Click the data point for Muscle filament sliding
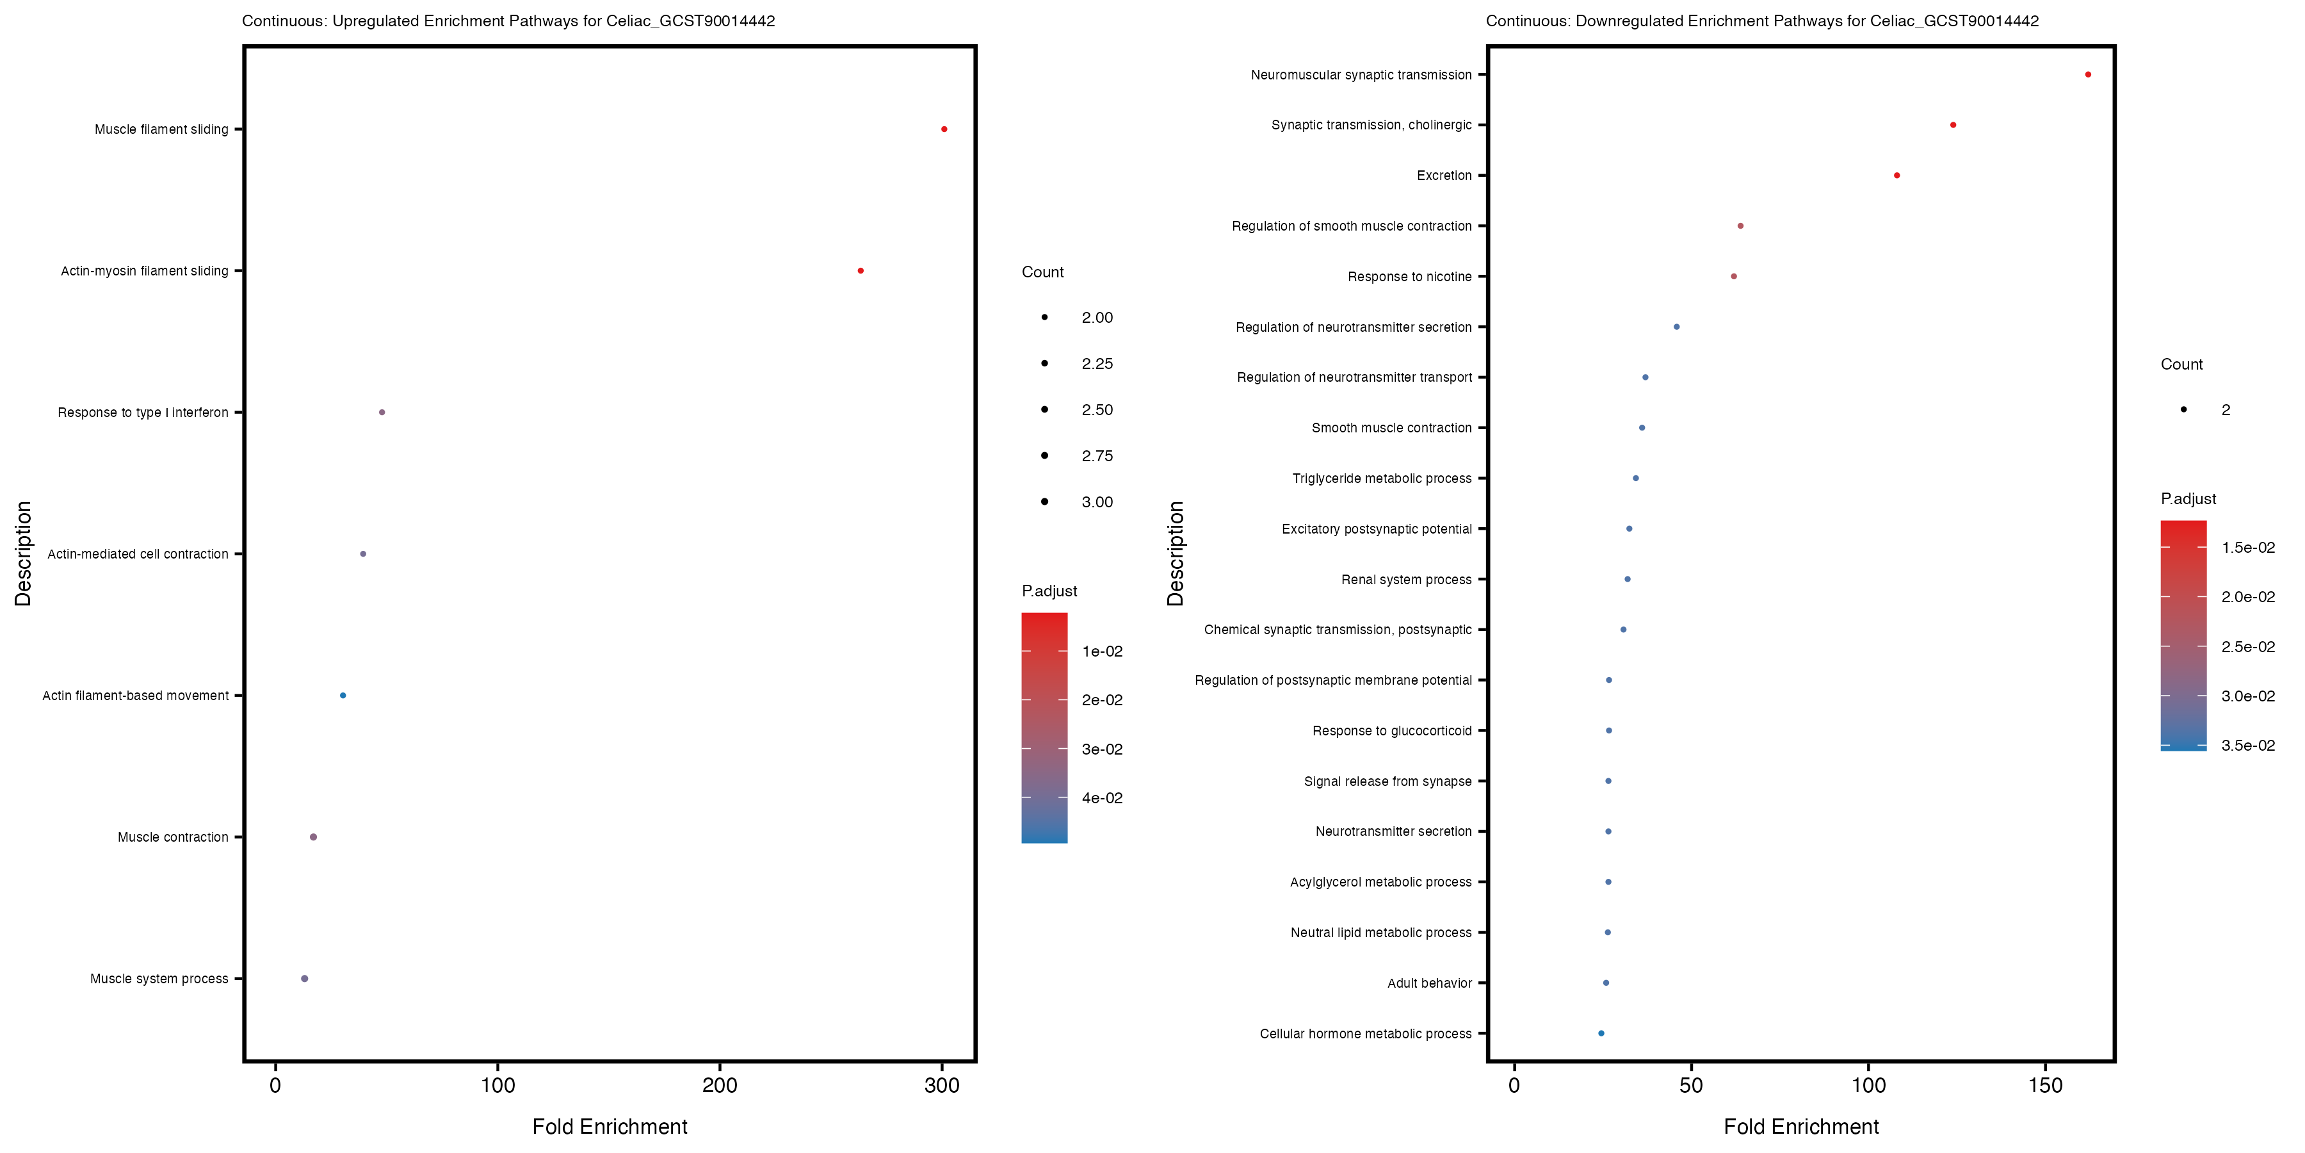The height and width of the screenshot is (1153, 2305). [x=944, y=129]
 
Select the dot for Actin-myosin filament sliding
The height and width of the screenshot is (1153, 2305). [x=860, y=270]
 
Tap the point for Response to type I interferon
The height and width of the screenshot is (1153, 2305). [x=382, y=412]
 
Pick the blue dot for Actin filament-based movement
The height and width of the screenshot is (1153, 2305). [x=343, y=696]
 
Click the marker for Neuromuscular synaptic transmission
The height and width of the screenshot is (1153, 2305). [x=2087, y=74]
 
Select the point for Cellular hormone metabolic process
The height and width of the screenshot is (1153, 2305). [x=1601, y=1033]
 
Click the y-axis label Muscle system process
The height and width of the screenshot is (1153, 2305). [x=159, y=978]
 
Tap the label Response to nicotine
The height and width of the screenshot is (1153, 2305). [x=1409, y=277]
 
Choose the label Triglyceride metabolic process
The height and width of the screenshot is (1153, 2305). [x=1382, y=478]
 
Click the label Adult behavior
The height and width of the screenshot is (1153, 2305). [x=1429, y=983]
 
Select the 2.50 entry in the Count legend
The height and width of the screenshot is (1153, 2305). [x=1097, y=410]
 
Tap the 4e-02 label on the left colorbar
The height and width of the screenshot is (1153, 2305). [x=1101, y=797]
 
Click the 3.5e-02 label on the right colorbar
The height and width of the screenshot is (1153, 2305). [x=2248, y=745]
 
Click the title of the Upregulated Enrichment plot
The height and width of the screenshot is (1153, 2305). [x=508, y=20]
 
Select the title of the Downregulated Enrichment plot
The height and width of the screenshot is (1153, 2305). [x=1762, y=20]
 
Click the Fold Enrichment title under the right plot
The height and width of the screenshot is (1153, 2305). [x=1801, y=1126]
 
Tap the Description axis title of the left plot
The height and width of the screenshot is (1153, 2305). [x=23, y=553]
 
